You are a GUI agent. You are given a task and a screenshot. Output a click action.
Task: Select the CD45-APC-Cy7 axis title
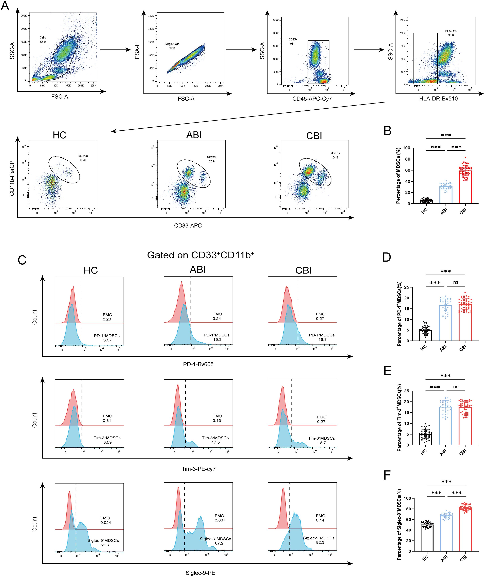tap(312, 98)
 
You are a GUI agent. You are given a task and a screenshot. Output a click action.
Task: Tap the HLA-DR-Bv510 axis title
tap(438, 98)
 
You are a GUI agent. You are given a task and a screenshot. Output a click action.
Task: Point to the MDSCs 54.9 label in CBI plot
tap(335, 155)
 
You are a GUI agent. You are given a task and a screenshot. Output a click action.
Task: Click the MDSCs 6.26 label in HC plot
tap(83, 158)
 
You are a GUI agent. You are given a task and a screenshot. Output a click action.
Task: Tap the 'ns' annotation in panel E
tap(456, 387)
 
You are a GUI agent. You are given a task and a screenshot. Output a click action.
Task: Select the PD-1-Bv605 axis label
tap(198, 364)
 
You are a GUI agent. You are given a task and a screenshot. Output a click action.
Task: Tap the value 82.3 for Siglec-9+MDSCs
tap(320, 542)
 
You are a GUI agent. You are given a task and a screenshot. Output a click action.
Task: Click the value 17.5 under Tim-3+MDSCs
tap(215, 442)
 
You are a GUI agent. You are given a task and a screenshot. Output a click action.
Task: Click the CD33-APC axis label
tap(188, 226)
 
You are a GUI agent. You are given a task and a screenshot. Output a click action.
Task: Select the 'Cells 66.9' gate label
tap(43, 39)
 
